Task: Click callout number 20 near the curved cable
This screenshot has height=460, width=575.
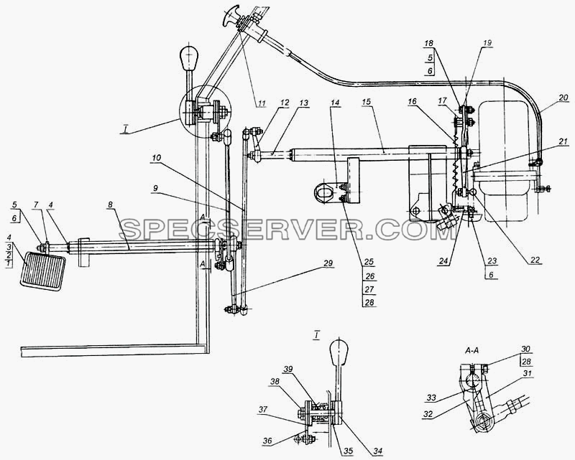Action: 563,98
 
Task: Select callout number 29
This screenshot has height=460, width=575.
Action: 328,263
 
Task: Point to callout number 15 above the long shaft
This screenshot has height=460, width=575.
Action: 367,102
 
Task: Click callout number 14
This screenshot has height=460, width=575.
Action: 334,102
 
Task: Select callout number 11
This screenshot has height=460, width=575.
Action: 261,103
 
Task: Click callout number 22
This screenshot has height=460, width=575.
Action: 535,260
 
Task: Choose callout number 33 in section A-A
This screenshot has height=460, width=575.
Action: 431,398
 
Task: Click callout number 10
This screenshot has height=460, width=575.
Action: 156,158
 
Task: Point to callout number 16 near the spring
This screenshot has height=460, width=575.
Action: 412,101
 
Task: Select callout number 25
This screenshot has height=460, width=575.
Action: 369,261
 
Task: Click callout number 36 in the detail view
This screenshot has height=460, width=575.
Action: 267,441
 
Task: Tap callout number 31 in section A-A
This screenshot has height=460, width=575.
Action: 528,373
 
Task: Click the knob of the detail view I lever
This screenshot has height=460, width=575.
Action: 339,350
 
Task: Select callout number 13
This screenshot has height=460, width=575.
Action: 303,103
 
